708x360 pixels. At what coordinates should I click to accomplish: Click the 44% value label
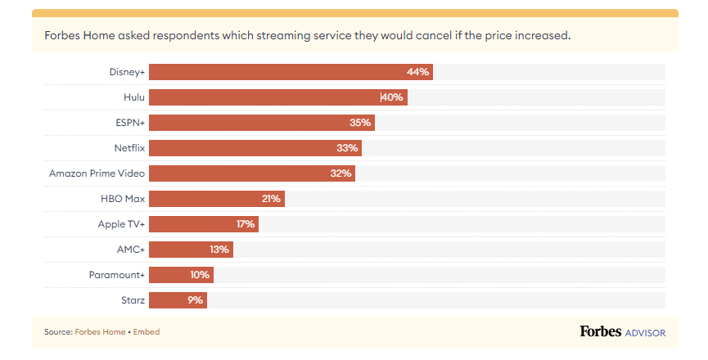tap(417, 72)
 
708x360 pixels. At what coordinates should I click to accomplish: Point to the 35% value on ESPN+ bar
tap(360, 123)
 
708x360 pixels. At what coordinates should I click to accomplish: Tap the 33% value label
tap(347, 148)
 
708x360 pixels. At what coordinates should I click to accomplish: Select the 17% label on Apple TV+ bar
tap(246, 224)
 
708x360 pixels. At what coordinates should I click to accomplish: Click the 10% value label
tap(200, 275)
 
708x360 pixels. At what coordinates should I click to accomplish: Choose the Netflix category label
tap(129, 148)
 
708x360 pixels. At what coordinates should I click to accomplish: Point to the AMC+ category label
tap(131, 250)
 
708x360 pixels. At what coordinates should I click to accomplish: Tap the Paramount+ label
tap(116, 275)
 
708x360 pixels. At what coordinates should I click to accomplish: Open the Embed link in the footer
tap(147, 332)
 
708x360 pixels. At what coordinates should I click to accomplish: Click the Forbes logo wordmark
tap(600, 331)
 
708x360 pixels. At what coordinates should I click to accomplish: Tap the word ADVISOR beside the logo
tap(645, 333)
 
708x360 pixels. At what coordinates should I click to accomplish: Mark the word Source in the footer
tap(57, 332)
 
